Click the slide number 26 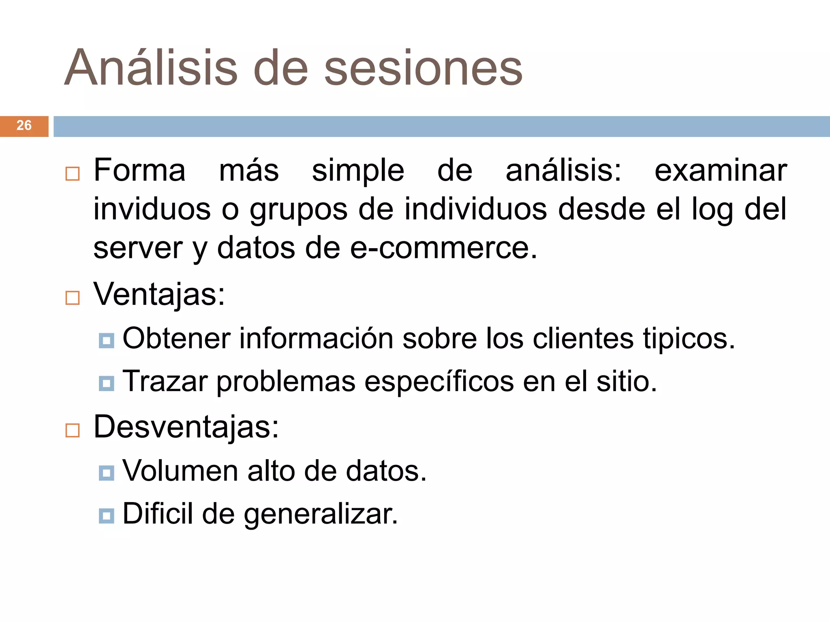tap(24, 126)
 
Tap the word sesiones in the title tap(424, 68)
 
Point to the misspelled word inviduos tap(152, 209)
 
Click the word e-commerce tap(443, 248)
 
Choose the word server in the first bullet tap(138, 248)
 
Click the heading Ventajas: tap(159, 294)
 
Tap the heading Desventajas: tap(186, 427)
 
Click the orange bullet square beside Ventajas tap(73, 298)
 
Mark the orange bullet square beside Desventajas tap(73, 430)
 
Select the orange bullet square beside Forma tap(73, 174)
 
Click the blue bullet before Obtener tap(107, 341)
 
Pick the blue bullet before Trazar tap(107, 383)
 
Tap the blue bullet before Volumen tap(107, 473)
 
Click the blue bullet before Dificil tap(107, 516)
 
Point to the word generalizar tap(321, 514)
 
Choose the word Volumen tap(180, 471)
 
